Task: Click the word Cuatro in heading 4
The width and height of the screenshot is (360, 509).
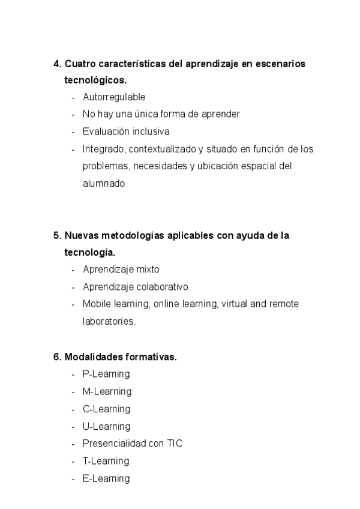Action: (79, 63)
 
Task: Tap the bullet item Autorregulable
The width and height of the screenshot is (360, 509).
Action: (114, 97)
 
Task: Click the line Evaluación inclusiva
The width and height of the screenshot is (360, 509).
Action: (126, 131)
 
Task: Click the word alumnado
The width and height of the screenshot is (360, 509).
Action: (104, 184)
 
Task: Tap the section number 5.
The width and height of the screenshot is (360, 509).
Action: (56, 235)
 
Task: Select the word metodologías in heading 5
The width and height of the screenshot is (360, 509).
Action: (125, 235)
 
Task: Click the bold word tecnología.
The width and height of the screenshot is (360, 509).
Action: (89, 252)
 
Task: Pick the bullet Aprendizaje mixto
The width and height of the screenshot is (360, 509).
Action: (121, 270)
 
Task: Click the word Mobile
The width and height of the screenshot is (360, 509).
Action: (96, 304)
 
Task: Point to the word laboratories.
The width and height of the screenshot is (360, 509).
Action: (109, 321)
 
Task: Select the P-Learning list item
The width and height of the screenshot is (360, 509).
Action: (106, 374)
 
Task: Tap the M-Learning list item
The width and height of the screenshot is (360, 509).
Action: (107, 391)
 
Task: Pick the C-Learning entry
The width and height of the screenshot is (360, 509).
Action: (106, 409)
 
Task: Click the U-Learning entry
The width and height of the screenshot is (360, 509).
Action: (106, 426)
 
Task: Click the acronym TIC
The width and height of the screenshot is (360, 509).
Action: (175, 444)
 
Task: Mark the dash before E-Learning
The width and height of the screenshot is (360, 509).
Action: (73, 478)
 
